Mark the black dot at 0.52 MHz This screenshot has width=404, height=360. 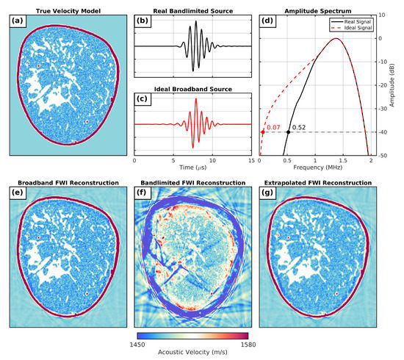point(288,132)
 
